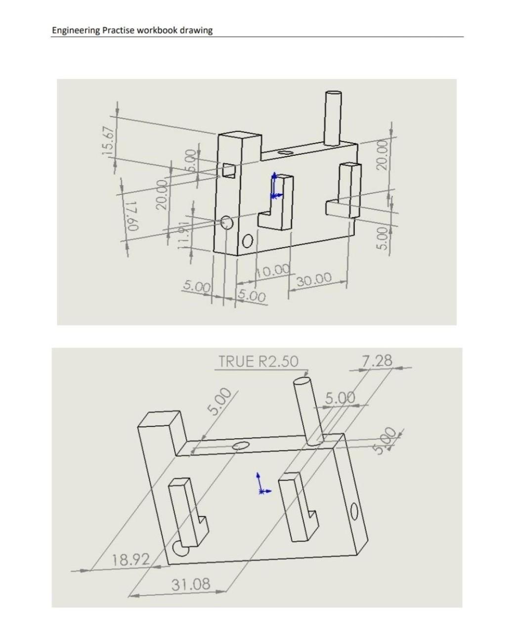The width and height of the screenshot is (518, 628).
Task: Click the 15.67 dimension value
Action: pos(111,140)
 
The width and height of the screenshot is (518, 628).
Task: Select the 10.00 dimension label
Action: pos(273,270)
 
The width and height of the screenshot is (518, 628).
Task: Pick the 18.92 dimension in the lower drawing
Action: pos(130,560)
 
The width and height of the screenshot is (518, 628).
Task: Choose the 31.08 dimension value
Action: pos(190,584)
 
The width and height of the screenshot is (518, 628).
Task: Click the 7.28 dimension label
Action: pos(377,361)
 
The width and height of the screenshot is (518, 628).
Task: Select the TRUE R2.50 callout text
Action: pos(259,361)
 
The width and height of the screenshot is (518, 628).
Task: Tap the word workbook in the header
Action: pos(157,30)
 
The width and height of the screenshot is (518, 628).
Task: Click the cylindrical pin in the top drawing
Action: pos(332,118)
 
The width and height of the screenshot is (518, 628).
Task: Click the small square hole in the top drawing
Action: pos(228,170)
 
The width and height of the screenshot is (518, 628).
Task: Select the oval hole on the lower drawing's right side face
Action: pos(354,512)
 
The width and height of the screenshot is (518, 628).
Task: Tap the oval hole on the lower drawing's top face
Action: pos(241,446)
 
